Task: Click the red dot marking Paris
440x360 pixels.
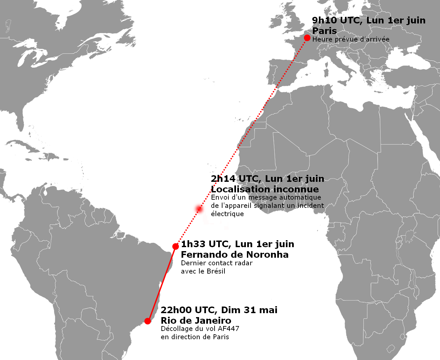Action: tap(307, 38)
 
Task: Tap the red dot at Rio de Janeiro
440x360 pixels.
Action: tap(148, 321)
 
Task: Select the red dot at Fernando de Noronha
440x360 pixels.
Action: tap(176, 246)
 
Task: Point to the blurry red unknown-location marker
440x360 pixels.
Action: tap(199, 209)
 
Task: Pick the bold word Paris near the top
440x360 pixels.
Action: tap(324, 31)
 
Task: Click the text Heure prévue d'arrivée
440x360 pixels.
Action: tap(351, 39)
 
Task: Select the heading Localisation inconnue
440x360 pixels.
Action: tap(265, 189)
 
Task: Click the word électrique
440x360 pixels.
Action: tap(227, 214)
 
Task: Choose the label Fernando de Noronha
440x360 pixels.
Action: tap(235, 254)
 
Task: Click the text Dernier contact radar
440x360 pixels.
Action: tap(217, 263)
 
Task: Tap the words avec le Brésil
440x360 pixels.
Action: tap(203, 271)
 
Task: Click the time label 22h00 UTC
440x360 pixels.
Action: tap(188, 310)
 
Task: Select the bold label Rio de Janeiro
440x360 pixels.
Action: tap(196, 320)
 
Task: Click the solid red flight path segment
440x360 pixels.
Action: tap(162, 284)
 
